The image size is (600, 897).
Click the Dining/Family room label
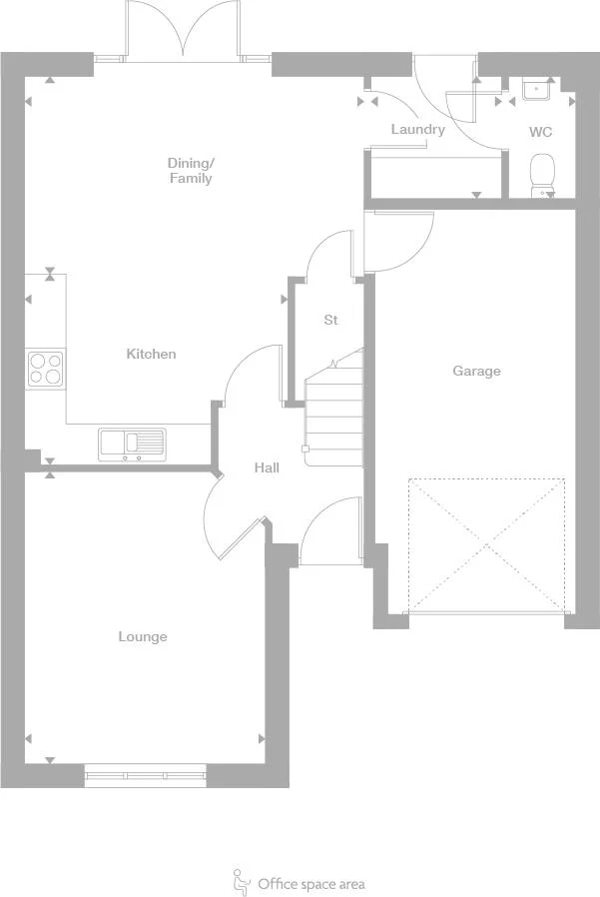[x=190, y=170]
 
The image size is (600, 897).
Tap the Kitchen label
[x=151, y=354]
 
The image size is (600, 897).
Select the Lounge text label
[x=143, y=636]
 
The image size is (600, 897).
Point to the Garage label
[x=476, y=371]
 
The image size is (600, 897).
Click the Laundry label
[x=417, y=129]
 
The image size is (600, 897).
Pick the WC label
[x=540, y=131]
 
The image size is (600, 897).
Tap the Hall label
[x=267, y=467]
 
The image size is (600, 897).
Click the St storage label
[x=330, y=320]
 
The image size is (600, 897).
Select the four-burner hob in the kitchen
[x=45, y=368]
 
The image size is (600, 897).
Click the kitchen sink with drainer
[x=132, y=442]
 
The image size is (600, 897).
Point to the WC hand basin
[x=540, y=89]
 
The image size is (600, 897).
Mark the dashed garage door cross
[x=486, y=544]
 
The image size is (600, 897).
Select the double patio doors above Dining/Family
[x=184, y=30]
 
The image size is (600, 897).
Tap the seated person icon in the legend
[x=241, y=881]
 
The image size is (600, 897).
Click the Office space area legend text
[x=310, y=883]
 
